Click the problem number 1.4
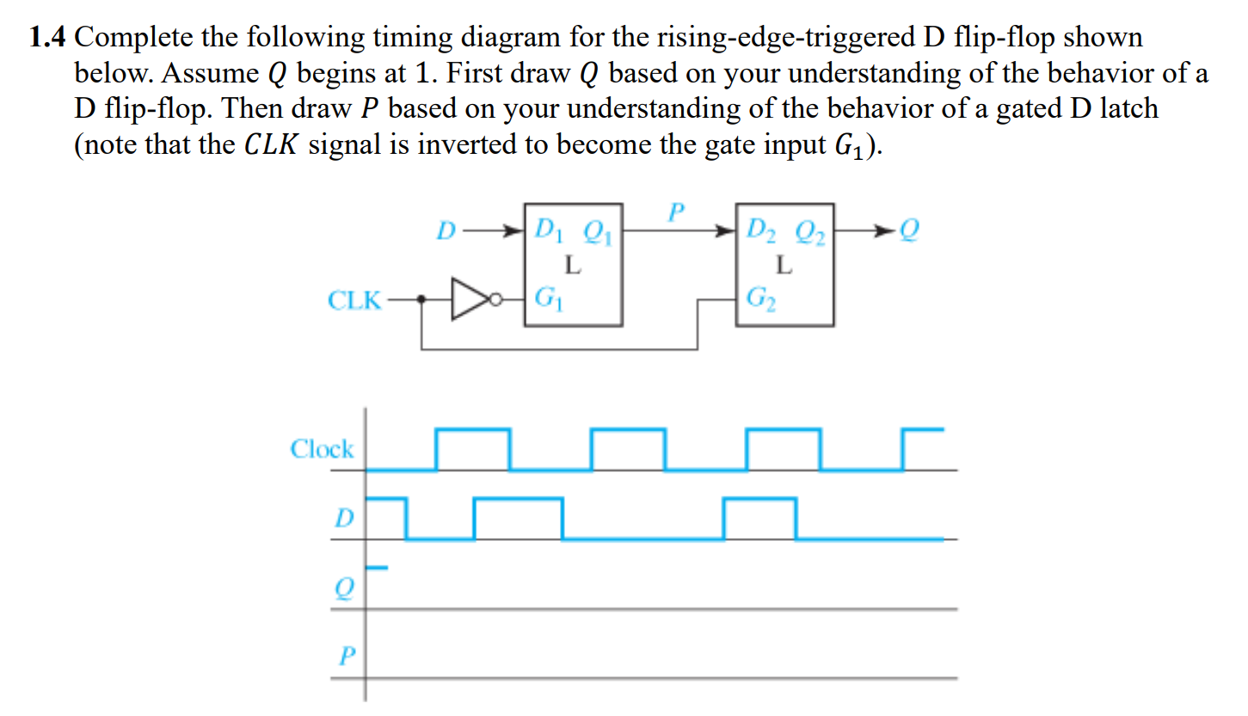tap(49, 38)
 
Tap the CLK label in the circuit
tap(354, 301)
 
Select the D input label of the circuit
tap(445, 230)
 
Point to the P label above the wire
tap(677, 211)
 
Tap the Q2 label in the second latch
tap(810, 230)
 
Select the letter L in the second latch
tap(783, 266)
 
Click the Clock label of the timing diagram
tap(322, 449)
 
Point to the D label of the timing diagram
tap(343, 517)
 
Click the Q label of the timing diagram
tap(344, 589)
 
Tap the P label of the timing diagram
tap(346, 657)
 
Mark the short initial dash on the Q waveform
tap(378, 567)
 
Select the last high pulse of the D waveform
tap(759, 499)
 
